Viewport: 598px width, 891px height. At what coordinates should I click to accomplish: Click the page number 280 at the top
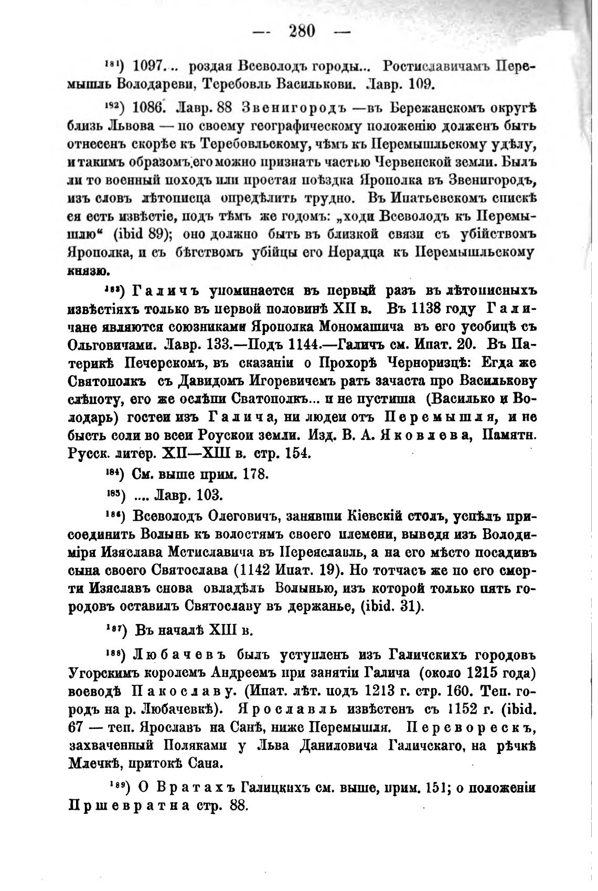click(302, 31)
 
